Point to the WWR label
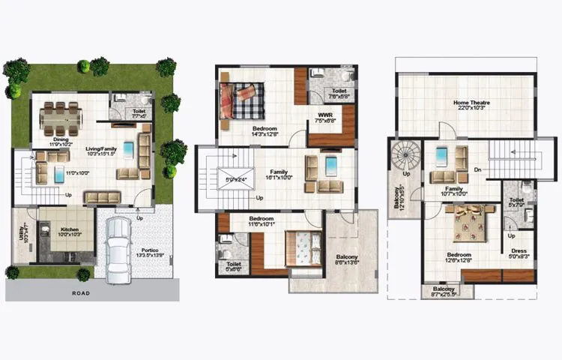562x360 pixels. (324, 115)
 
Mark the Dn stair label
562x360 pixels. (477, 171)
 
